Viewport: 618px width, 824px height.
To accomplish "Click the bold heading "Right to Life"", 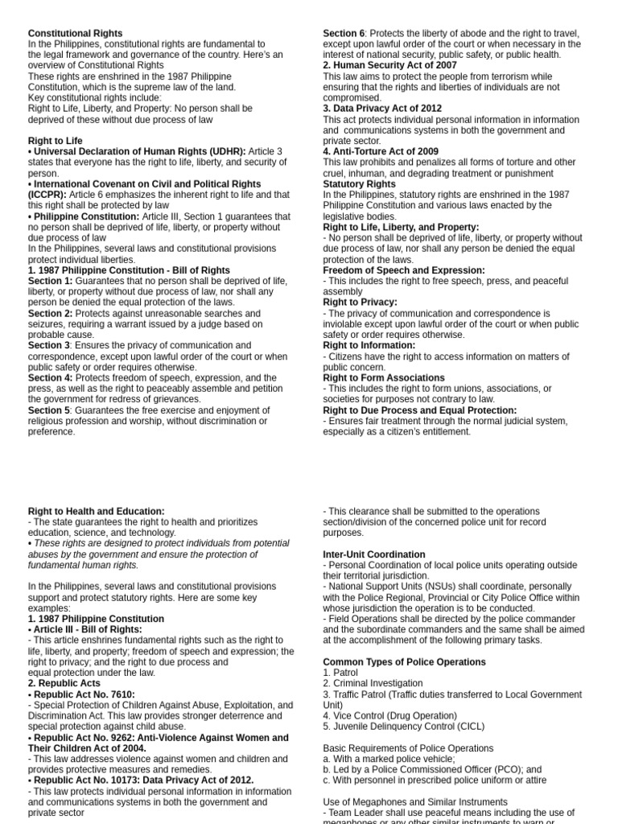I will [x=56, y=141].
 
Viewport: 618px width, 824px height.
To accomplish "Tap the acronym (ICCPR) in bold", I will [x=49, y=195].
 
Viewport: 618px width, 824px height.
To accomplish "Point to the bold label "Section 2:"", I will [x=50, y=313].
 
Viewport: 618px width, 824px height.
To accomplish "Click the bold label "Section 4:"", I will [x=50, y=377].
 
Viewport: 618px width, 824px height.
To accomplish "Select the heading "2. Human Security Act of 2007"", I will [x=389, y=66].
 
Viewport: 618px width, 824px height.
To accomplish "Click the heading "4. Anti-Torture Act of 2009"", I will [x=381, y=151].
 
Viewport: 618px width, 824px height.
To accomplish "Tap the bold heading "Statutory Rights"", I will [x=359, y=184].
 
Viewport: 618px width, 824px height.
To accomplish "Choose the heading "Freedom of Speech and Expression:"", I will [x=404, y=270].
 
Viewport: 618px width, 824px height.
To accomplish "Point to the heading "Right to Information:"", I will [x=369, y=345].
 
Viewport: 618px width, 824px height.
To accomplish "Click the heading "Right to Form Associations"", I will [x=384, y=377].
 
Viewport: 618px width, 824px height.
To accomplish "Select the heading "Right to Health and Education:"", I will [x=97, y=511].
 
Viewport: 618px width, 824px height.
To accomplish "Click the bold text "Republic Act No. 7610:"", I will [x=84, y=694].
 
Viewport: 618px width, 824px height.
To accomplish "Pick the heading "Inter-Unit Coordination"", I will [x=374, y=554].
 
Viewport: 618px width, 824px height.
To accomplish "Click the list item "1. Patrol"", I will [x=341, y=673].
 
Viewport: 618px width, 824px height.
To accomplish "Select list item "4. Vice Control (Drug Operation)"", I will [x=389, y=715].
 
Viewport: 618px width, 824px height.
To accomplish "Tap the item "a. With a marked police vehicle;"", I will [x=389, y=759].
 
